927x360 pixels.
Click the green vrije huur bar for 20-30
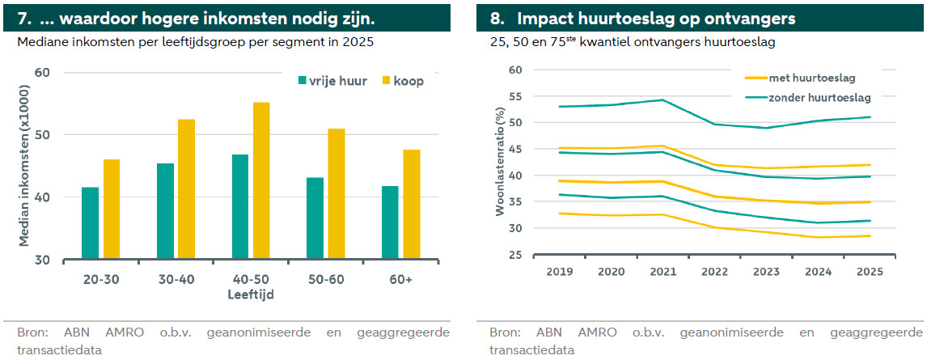pos(90,223)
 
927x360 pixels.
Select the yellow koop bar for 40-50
pos(261,181)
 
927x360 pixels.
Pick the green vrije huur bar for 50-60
pos(315,218)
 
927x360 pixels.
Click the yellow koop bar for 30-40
pos(186,189)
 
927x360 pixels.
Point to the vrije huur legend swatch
pos(303,80)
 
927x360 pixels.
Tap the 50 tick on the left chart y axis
pos(42,135)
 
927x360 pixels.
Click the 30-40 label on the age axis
pos(176,279)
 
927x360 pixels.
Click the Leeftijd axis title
pos(252,294)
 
